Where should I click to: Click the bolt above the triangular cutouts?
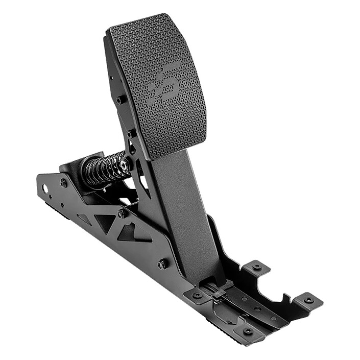pyautogui.click(x=122, y=214)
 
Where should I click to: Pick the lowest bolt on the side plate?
pyautogui.click(x=163, y=264)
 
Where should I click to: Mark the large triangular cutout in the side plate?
pyautogui.click(x=105, y=222)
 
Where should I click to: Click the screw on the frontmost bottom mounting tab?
pyautogui.click(x=248, y=331)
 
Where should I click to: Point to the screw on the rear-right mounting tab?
pyautogui.click(x=257, y=267)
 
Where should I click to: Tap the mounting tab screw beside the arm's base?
pyautogui.click(x=197, y=295)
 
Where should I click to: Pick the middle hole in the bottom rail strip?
pyautogui.click(x=257, y=309)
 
